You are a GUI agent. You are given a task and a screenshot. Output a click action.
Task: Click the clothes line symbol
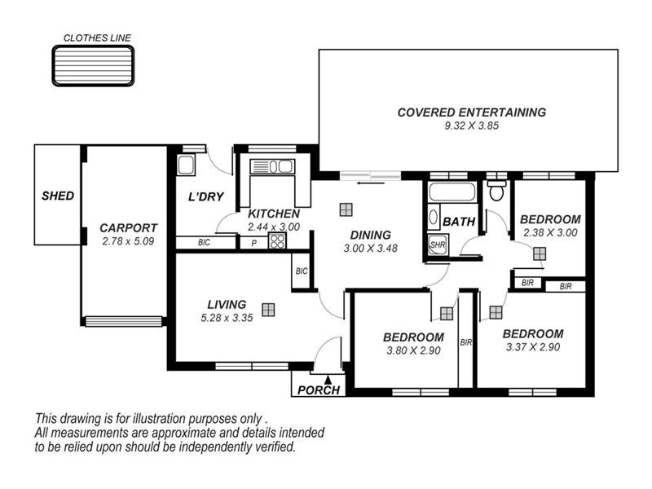(93, 64)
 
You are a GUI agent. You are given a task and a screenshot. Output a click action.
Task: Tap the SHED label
(58, 196)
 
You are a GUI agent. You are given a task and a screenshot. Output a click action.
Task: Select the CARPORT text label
(128, 228)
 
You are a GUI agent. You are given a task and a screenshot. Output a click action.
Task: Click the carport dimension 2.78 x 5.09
(128, 241)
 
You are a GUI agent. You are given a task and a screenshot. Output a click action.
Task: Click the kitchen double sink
(273, 167)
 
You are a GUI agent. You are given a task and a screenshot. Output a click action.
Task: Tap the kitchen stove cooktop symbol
(277, 240)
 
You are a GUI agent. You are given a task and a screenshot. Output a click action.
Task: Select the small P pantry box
(253, 242)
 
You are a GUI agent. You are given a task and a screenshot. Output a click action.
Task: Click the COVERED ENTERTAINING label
(471, 112)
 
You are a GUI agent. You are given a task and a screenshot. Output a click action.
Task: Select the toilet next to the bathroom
(496, 190)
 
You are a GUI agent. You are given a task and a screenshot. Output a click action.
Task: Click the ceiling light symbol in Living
(268, 309)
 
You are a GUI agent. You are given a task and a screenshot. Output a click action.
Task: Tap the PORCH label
(319, 390)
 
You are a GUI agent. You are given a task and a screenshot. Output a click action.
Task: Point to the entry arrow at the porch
(328, 378)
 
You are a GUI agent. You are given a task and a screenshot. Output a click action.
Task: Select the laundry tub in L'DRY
(185, 165)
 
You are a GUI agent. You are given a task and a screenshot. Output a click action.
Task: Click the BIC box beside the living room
(301, 271)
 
